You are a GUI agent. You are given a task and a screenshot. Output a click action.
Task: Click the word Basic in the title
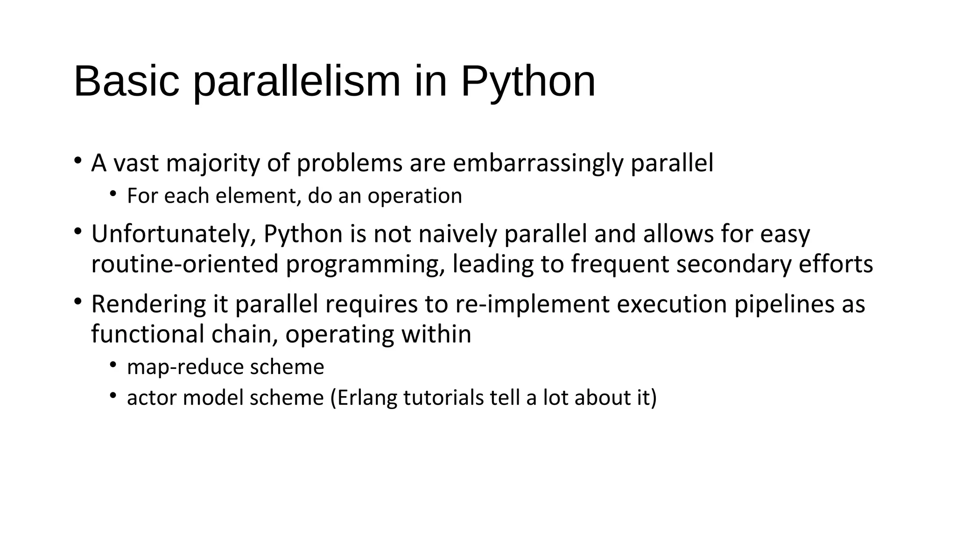tap(127, 81)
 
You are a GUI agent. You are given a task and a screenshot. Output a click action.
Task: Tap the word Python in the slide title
tap(528, 82)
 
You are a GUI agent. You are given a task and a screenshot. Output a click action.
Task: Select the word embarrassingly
tap(538, 163)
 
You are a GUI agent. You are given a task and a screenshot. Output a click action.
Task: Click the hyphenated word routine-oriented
tap(184, 264)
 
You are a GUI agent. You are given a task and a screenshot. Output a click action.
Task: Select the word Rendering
tap(148, 304)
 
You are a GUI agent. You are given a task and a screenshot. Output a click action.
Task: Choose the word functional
tap(148, 334)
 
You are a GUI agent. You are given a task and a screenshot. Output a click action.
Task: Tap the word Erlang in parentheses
tap(367, 398)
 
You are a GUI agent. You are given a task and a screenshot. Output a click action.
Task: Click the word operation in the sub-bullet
tap(415, 196)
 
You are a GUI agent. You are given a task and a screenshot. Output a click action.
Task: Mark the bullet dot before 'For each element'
tap(113, 194)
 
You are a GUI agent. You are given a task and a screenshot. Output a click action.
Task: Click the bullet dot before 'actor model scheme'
tap(113, 396)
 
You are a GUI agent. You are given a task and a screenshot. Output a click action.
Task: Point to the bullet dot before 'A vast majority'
tap(78, 161)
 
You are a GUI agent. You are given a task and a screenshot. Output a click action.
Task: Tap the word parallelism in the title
tap(297, 82)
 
